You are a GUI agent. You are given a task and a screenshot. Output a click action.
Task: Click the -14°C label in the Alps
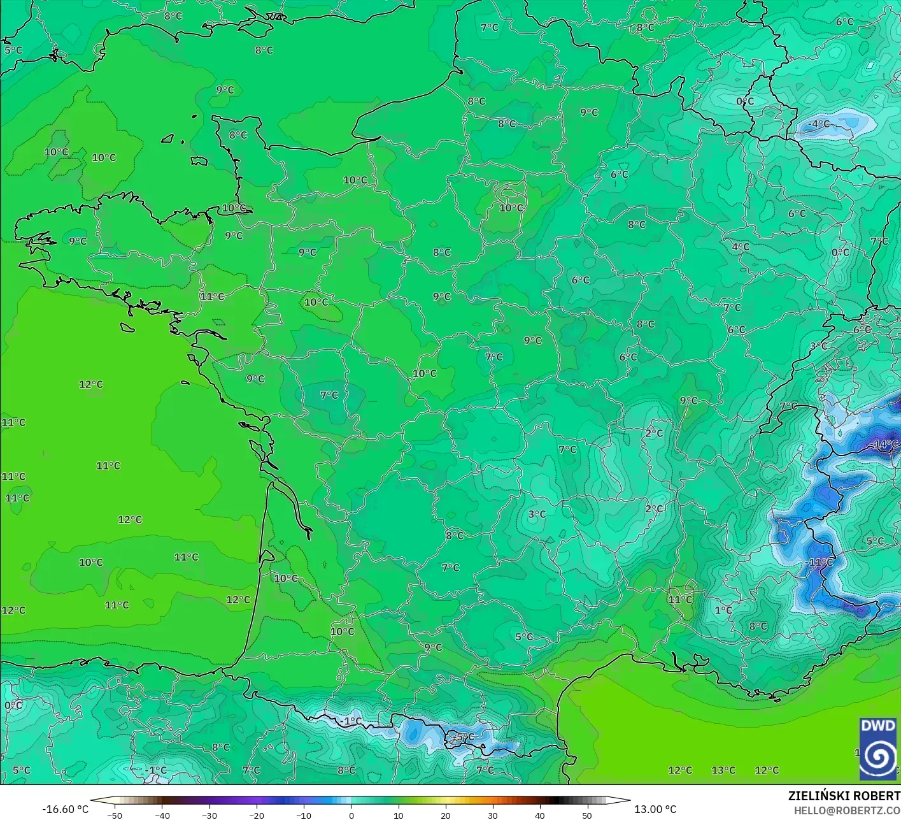click(x=885, y=444)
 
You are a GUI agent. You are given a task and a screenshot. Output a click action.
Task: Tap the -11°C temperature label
click(x=819, y=562)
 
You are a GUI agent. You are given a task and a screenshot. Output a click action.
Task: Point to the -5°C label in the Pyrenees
click(x=464, y=737)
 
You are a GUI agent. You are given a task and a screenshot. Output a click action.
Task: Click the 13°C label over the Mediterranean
click(x=723, y=770)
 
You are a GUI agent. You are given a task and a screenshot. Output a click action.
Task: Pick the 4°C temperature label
click(x=741, y=247)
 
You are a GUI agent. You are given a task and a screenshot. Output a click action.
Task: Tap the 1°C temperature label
click(x=723, y=610)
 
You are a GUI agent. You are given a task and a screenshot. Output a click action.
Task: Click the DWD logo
click(x=877, y=749)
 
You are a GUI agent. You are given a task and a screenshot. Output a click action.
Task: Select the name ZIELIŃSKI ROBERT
click(x=844, y=796)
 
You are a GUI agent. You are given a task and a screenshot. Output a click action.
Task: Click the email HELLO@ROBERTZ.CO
click(x=847, y=810)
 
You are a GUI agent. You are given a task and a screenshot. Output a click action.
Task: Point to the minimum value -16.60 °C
click(x=65, y=809)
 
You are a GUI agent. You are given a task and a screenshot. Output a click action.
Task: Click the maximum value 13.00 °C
click(x=655, y=809)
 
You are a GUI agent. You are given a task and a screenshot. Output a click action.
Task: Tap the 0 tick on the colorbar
click(x=351, y=815)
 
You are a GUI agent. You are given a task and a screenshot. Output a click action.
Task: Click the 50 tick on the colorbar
click(x=586, y=815)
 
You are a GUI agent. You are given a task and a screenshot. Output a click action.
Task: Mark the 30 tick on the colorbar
click(x=492, y=815)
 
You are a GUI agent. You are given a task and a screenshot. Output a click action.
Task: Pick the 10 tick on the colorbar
click(x=398, y=815)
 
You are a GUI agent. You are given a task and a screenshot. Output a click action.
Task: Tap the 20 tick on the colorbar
click(x=445, y=815)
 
